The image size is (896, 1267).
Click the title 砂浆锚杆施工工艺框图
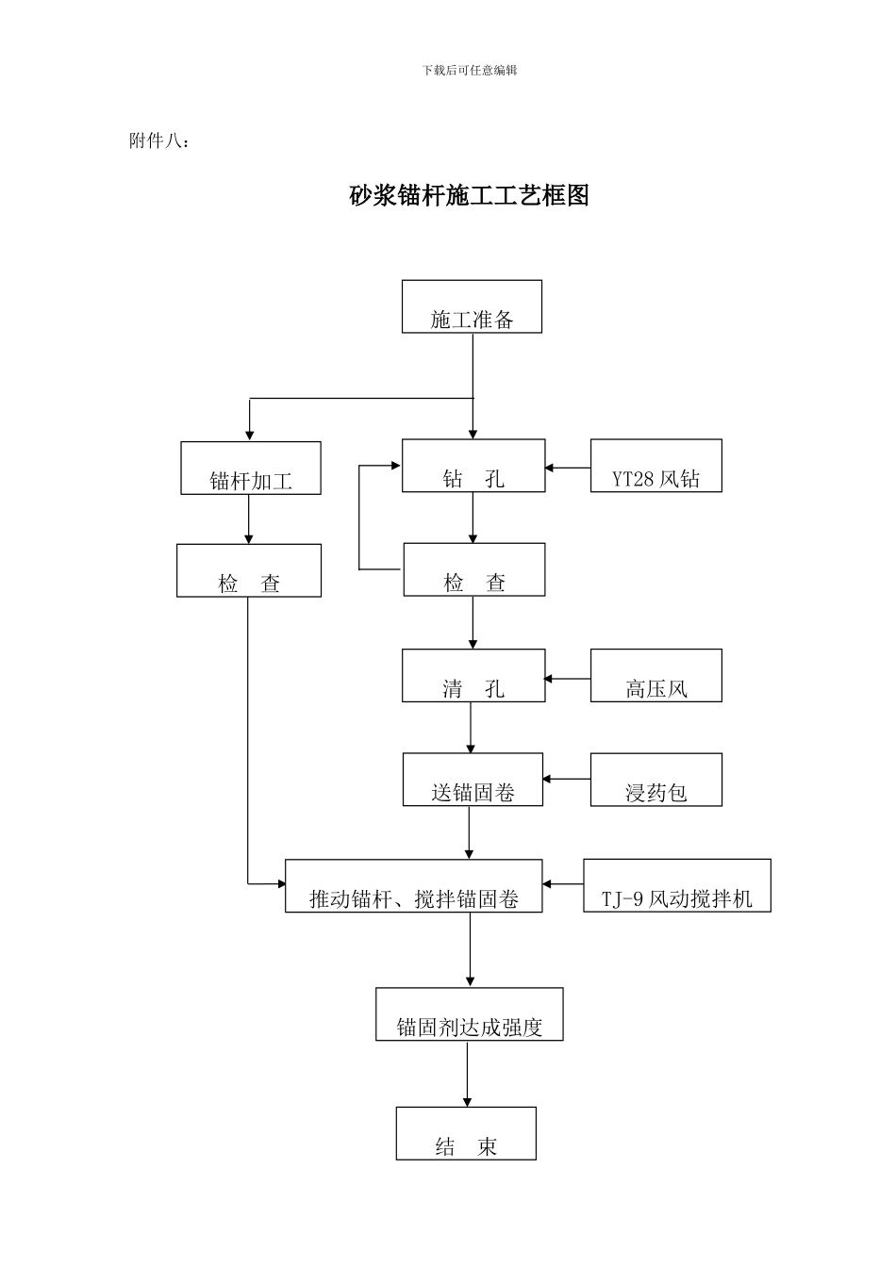(x=469, y=195)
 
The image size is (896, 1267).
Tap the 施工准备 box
(x=472, y=306)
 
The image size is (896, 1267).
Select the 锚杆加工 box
(x=251, y=469)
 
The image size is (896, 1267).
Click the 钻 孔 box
(x=473, y=466)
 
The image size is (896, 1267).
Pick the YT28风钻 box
(x=656, y=466)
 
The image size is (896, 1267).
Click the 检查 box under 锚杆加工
(x=249, y=570)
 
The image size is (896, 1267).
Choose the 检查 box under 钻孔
(x=474, y=569)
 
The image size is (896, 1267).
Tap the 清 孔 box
(x=473, y=676)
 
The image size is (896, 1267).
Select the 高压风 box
(x=656, y=676)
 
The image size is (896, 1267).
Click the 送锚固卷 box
(x=473, y=780)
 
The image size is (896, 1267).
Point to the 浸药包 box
(x=656, y=780)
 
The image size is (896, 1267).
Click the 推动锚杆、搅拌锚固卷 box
(x=414, y=886)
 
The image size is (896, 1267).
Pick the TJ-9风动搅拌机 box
(x=677, y=885)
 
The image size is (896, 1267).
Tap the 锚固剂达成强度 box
(x=470, y=1014)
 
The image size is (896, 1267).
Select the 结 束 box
(x=466, y=1133)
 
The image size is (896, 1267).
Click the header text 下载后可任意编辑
(x=470, y=70)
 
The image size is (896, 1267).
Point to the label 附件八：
(x=158, y=141)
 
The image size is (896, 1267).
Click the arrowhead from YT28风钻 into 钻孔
(x=550, y=467)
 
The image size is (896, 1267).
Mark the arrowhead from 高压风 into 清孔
(x=550, y=678)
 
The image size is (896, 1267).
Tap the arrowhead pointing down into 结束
(x=466, y=1101)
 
